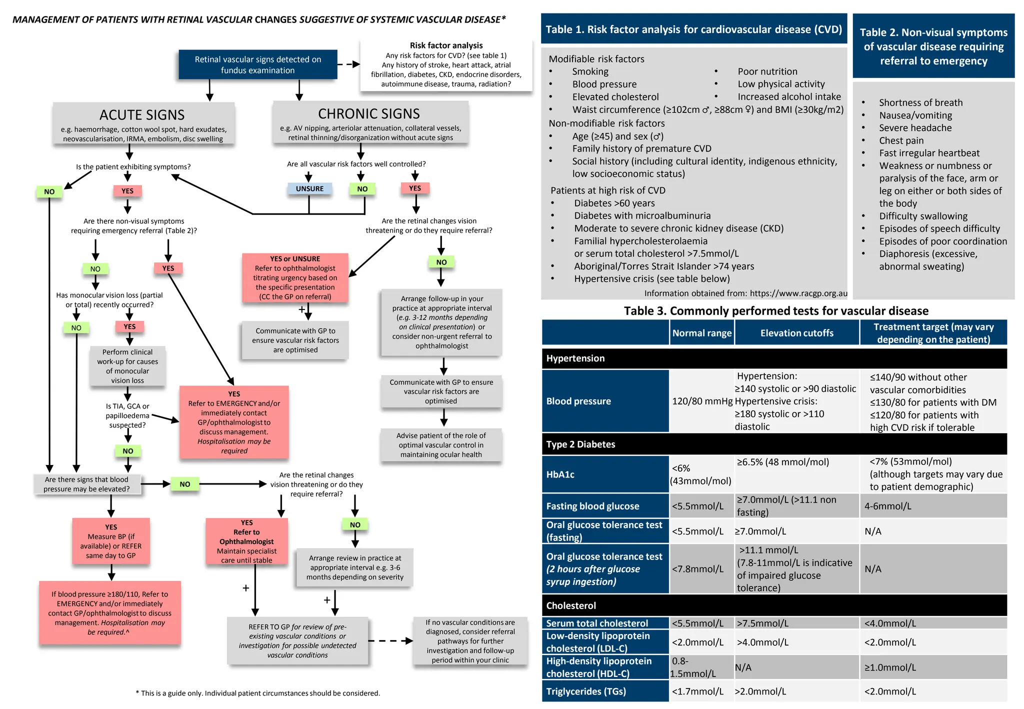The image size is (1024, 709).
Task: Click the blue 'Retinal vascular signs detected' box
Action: coord(257,64)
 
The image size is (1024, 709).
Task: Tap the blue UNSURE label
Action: coord(309,188)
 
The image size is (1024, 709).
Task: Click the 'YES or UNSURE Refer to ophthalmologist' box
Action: coord(295,278)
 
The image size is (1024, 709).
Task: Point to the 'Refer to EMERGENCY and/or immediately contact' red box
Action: coord(234,422)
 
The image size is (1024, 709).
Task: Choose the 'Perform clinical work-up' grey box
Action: coord(127,366)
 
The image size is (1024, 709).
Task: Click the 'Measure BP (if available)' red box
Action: coord(111,541)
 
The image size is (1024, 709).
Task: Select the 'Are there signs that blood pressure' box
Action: coord(87,484)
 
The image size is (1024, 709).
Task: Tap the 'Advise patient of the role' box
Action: coord(440,445)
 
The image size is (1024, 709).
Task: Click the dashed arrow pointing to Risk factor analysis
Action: coord(348,64)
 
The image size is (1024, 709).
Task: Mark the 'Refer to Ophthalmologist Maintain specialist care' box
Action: coord(246,541)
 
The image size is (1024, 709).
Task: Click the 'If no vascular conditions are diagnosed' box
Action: coord(470,641)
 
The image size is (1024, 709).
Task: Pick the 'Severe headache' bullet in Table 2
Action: coord(915,128)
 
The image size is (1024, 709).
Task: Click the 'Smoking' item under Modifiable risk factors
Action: coord(590,71)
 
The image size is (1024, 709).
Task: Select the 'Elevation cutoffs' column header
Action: coord(796,333)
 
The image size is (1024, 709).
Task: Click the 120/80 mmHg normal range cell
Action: coord(701,401)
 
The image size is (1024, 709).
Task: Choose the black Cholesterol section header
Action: coord(774,605)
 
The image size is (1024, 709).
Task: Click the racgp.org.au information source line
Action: coord(745,293)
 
